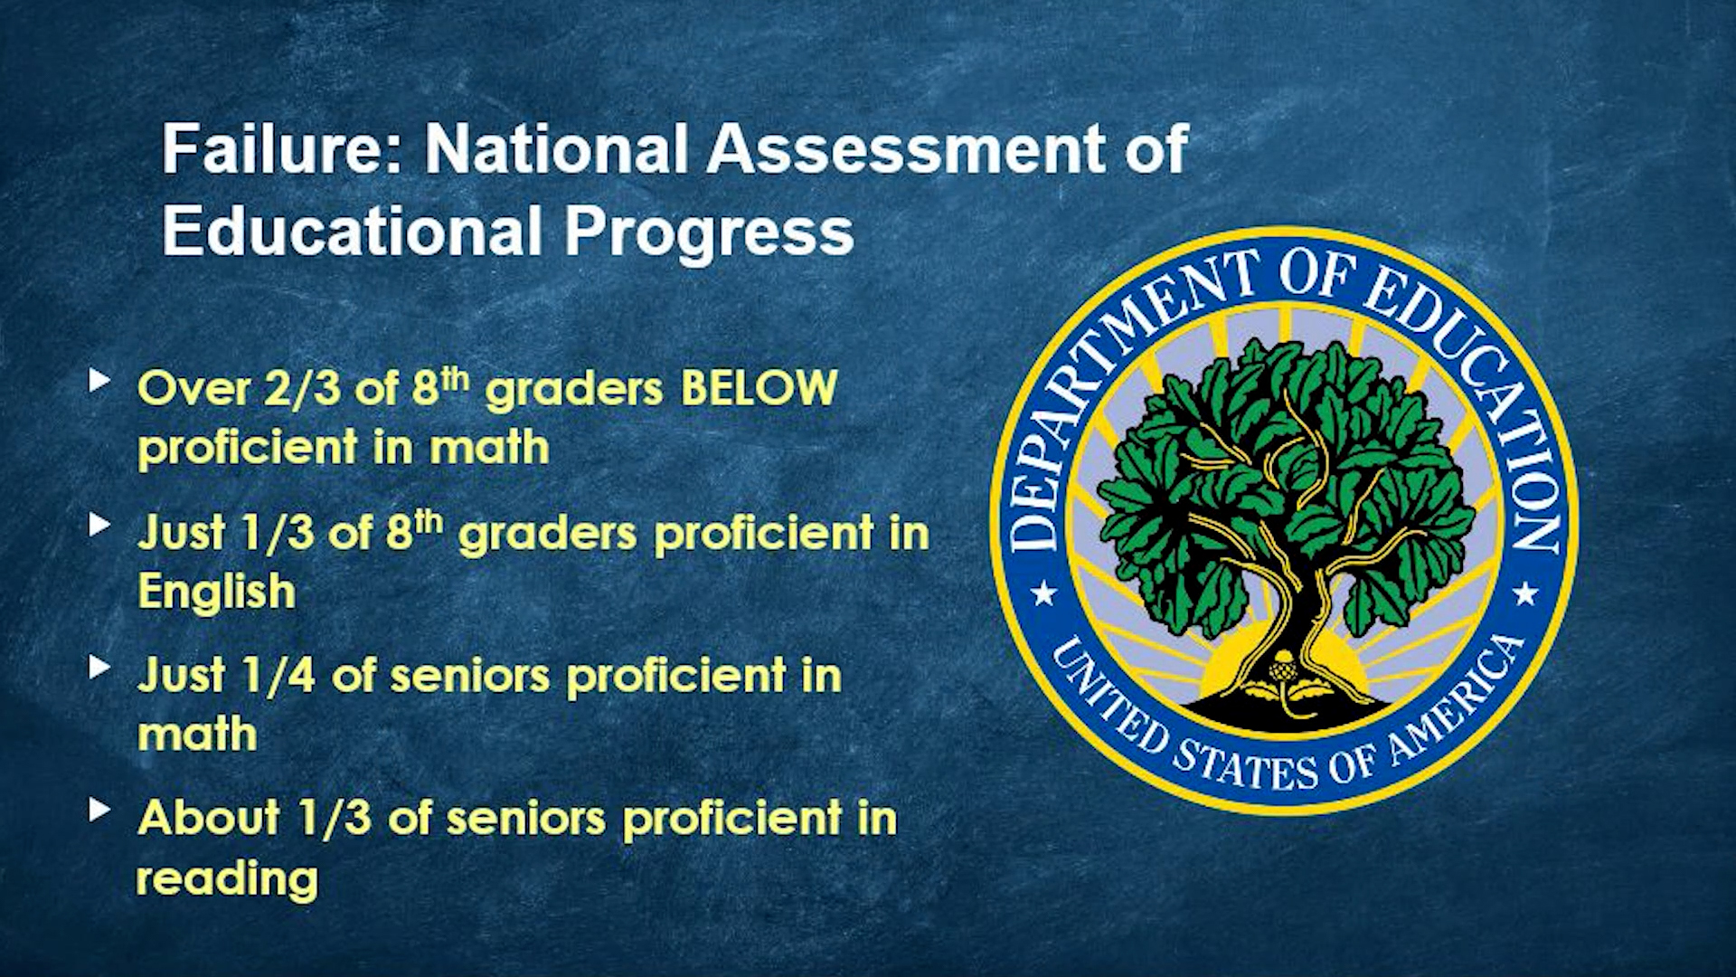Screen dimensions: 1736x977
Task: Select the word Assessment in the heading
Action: pos(906,149)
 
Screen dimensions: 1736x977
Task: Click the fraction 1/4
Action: pos(278,676)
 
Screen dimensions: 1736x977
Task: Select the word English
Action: pos(217,593)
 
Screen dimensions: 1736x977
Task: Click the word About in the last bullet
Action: pos(209,818)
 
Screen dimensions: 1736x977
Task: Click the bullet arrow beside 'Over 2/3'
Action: pos(99,380)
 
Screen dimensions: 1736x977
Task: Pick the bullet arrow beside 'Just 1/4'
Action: pos(99,668)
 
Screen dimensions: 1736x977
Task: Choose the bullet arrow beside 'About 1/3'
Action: pos(99,810)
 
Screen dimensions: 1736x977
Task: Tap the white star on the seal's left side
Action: pos(1044,594)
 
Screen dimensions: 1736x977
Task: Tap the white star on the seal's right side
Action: pos(1526,593)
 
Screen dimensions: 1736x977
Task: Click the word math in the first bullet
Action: pos(489,449)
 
